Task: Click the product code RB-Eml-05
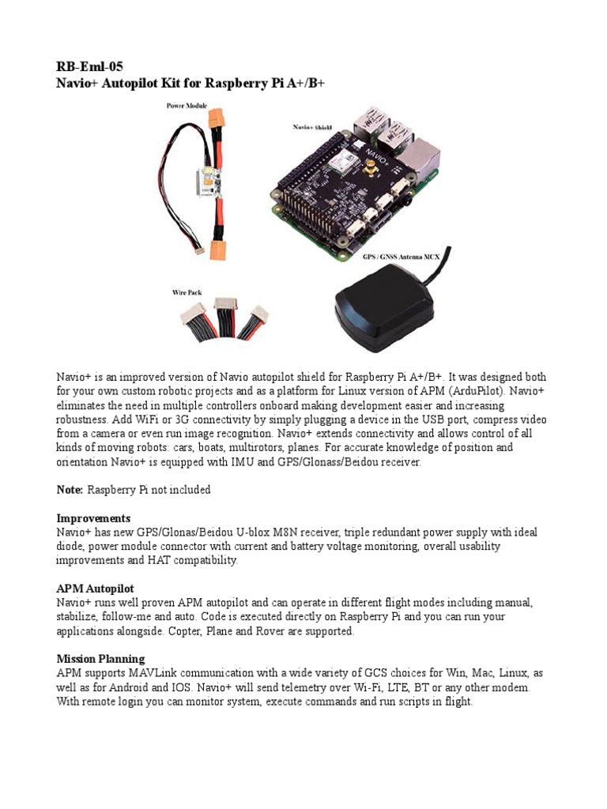(x=89, y=66)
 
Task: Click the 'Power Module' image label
(x=187, y=105)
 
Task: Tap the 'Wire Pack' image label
(x=187, y=292)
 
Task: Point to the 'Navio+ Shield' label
(x=314, y=126)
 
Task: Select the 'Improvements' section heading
(x=93, y=518)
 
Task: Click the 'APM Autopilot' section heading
(x=95, y=589)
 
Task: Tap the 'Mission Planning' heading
(x=100, y=658)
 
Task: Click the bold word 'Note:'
(x=70, y=490)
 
